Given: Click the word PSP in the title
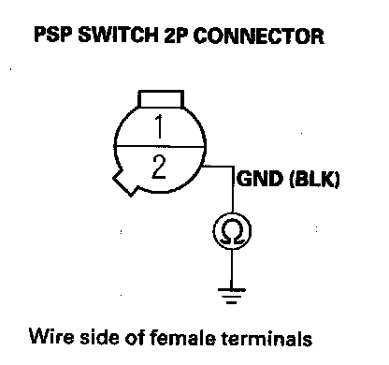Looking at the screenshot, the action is (53, 35).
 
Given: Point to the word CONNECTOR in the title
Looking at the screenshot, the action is (259, 36).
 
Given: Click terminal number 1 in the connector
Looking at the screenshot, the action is (159, 126).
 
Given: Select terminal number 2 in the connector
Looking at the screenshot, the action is (159, 167).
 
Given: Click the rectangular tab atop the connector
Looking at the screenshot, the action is (161, 99).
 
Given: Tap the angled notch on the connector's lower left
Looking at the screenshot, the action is (124, 183).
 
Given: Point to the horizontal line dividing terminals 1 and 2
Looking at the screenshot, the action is (159, 146).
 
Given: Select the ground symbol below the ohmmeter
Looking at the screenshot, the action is (231, 296).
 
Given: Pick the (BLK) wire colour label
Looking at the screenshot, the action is (314, 180).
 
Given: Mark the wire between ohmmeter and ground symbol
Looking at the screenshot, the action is (231, 269).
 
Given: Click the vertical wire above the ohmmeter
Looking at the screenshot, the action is (233, 189).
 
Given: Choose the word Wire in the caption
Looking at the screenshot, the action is (51, 337).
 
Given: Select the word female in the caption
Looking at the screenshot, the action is (182, 337).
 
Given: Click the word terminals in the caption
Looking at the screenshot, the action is (267, 338).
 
